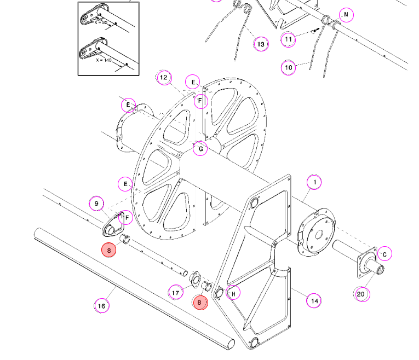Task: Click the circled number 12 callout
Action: (x=164, y=78)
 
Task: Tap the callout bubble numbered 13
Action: (x=261, y=44)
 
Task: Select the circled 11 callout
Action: (x=288, y=40)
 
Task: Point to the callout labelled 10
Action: (x=288, y=67)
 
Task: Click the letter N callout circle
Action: (x=346, y=15)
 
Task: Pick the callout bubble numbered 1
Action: (x=314, y=182)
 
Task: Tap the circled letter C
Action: (x=384, y=254)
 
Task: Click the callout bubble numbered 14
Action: (x=314, y=301)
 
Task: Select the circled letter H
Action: (x=233, y=293)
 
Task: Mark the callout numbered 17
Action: (x=176, y=293)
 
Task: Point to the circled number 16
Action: (x=102, y=305)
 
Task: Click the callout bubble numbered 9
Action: (x=96, y=204)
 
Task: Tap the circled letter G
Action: (x=200, y=149)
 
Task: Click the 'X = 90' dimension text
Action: (x=101, y=22)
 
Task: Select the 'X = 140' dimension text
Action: (x=104, y=60)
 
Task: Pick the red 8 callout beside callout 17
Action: (x=200, y=303)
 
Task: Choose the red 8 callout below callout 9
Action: (x=109, y=251)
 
